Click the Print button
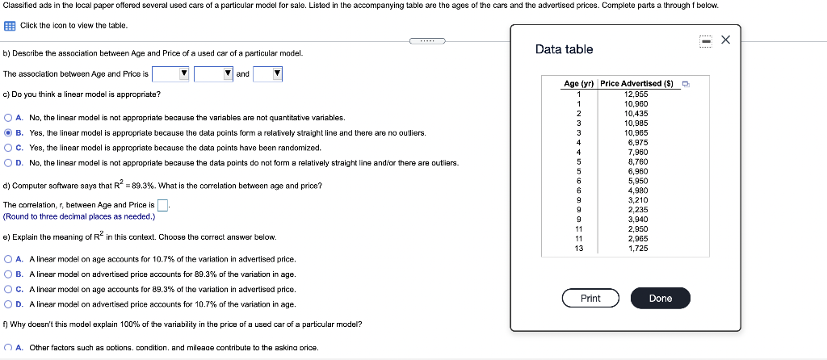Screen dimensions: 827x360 590,299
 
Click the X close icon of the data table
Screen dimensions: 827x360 726,40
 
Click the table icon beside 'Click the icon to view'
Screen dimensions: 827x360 9,25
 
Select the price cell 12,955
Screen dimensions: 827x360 636,94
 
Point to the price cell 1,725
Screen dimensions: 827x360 638,249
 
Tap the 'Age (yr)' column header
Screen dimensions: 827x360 578,83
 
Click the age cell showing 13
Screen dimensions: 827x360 578,249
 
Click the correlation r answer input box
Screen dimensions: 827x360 162,204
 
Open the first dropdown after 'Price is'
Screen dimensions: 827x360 171,73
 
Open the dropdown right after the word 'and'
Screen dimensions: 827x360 267,73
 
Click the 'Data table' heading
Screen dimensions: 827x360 564,49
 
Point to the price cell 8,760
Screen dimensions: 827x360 638,161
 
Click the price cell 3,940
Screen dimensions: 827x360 638,220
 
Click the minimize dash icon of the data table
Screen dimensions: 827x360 705,40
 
